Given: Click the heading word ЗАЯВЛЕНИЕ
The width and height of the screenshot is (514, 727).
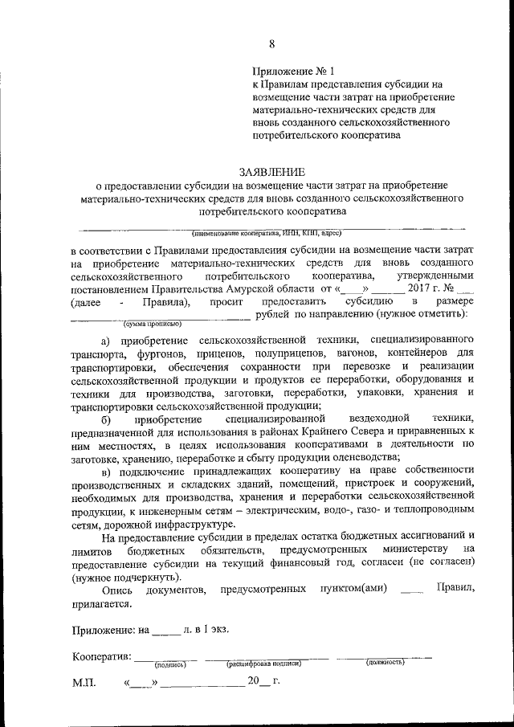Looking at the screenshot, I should click(271, 171).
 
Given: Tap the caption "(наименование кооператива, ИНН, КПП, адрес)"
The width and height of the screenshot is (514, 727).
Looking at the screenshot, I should click(271, 233).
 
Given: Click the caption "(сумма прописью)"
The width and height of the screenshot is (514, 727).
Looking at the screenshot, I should click(152, 324).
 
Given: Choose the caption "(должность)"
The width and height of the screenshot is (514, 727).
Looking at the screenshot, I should click(385, 663).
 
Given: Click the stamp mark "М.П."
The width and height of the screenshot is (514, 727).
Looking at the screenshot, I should click(84, 684).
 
